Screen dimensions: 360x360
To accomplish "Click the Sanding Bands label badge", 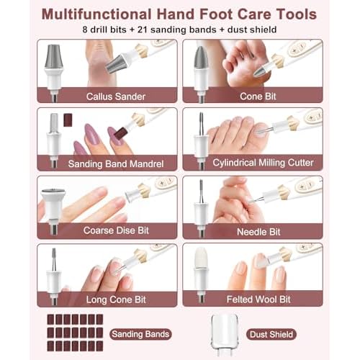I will tap(140, 333).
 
